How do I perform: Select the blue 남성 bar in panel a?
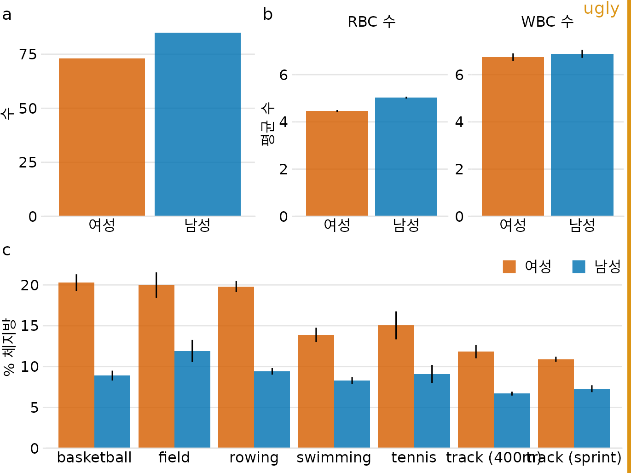click(197, 124)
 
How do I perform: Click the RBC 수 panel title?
click(371, 22)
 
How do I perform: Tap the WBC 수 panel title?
click(547, 22)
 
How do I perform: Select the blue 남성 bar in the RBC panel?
click(406, 156)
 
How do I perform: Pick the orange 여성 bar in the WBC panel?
click(513, 136)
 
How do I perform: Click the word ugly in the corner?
click(601, 9)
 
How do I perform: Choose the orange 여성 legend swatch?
click(509, 267)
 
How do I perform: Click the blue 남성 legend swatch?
click(579, 267)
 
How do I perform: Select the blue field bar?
click(192, 399)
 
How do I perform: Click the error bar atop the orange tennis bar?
click(396, 325)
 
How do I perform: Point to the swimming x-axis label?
click(334, 458)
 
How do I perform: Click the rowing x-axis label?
click(254, 458)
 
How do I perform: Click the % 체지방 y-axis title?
click(9, 346)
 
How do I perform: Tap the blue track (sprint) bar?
click(592, 418)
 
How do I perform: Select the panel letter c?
click(6, 250)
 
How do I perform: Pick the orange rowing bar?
click(236, 367)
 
